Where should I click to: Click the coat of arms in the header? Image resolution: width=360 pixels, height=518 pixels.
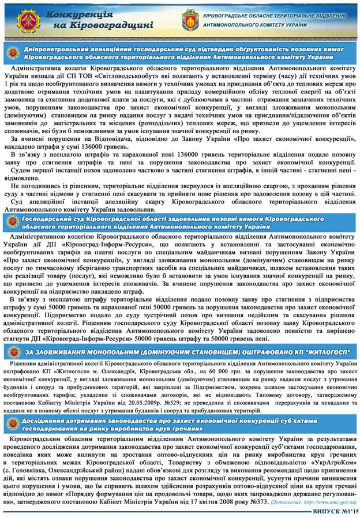point(190,19)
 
